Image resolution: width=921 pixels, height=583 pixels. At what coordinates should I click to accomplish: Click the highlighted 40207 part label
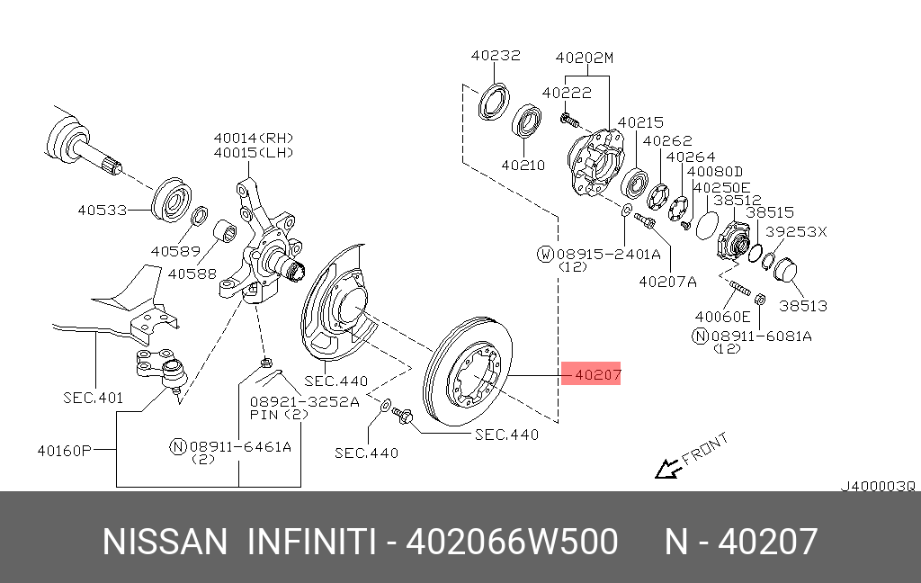[591, 374]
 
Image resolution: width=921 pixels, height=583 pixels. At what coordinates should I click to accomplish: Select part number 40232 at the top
[495, 56]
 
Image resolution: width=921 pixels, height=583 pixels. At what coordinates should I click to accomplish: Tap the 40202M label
[584, 58]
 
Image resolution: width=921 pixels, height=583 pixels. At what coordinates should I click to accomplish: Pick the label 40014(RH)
[254, 138]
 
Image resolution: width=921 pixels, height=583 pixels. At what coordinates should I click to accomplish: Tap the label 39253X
[796, 231]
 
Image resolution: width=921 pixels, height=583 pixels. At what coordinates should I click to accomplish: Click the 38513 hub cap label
[802, 306]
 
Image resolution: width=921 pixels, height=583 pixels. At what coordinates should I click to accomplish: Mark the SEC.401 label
[93, 397]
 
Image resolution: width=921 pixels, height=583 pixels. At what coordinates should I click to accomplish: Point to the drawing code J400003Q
[877, 486]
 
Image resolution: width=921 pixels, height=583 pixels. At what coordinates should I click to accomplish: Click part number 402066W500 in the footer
[512, 543]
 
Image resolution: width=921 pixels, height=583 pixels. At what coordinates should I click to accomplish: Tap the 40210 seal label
[523, 166]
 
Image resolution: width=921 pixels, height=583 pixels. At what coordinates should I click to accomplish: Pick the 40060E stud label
[722, 317]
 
